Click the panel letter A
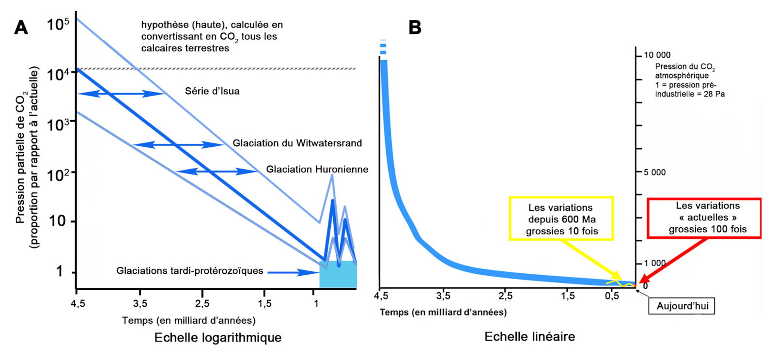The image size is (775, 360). click(x=21, y=28)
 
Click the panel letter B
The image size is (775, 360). click(x=415, y=28)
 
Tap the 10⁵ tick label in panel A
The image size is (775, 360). click(x=58, y=24)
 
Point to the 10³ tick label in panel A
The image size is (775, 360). click(x=58, y=125)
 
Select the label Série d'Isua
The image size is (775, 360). click(x=212, y=91)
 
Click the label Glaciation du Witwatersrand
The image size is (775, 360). click(x=297, y=143)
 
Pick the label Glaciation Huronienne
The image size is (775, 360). click(x=317, y=169)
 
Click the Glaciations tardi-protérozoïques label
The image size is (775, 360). click(x=189, y=271)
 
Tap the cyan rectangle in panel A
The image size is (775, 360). click(x=338, y=275)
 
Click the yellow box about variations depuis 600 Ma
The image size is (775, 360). click(x=561, y=219)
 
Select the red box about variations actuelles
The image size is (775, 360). click(x=704, y=218)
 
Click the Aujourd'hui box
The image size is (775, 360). click(x=682, y=306)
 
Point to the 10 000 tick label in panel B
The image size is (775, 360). click(x=657, y=55)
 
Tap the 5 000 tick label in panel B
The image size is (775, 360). click(x=654, y=172)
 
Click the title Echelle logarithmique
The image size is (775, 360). click(x=218, y=337)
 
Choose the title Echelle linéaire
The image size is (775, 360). click(x=529, y=336)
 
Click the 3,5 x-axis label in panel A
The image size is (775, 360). click(x=140, y=303)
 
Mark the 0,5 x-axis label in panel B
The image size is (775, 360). click(x=612, y=296)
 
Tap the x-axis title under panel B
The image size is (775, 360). click(x=443, y=312)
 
